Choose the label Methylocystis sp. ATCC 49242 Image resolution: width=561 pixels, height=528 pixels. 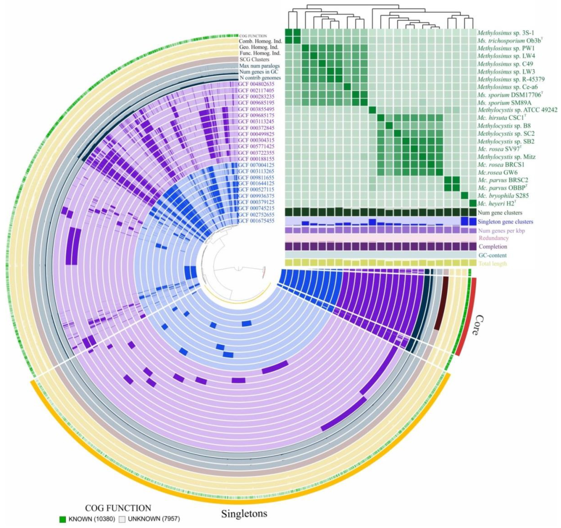point(517,110)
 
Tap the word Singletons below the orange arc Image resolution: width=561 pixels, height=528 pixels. point(244,513)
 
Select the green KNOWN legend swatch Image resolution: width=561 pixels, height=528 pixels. point(63,519)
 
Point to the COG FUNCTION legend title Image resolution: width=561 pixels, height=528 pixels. point(118,508)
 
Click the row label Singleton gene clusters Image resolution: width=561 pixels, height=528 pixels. point(505,222)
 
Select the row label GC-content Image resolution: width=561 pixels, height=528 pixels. point(492,255)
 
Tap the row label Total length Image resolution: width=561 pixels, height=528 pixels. point(492,264)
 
